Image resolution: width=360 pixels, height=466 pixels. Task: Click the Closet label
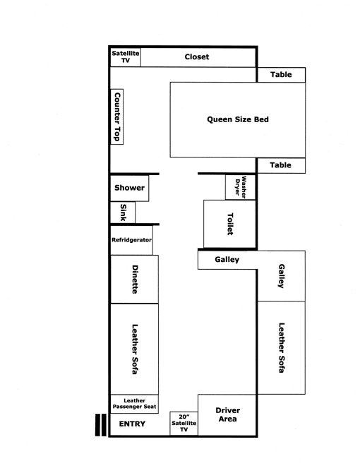197,56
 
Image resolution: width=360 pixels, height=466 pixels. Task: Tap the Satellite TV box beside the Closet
126,56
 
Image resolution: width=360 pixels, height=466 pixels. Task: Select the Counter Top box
117,116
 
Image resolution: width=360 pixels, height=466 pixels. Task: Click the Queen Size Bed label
238,119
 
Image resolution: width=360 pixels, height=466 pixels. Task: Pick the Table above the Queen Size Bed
281,75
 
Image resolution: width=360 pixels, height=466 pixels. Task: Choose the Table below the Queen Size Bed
281,165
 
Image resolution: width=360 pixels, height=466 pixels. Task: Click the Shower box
129,188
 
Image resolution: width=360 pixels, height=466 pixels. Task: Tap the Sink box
123,213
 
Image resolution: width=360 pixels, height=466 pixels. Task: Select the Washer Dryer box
240,187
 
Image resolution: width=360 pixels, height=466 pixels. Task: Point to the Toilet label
230,224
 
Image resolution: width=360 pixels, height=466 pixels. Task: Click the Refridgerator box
131,240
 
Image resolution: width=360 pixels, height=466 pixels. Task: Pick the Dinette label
135,280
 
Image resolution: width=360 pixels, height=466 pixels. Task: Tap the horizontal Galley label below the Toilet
227,259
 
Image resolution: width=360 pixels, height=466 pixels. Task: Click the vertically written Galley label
281,276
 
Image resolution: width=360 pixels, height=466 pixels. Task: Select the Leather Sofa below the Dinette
135,349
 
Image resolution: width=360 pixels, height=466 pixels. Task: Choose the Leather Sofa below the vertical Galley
281,347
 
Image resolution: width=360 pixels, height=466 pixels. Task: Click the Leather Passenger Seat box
135,404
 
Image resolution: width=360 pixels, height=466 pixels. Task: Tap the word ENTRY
132,424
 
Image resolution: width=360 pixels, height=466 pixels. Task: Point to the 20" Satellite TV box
184,424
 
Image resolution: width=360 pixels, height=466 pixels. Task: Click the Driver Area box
227,415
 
